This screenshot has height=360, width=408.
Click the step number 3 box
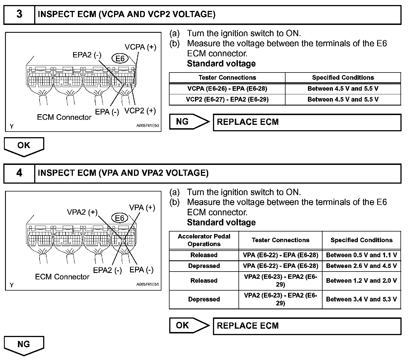click(19, 14)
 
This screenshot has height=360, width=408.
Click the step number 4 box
click(19, 173)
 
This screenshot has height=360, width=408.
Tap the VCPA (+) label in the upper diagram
click(140, 47)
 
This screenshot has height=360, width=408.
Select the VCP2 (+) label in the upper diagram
click(140, 111)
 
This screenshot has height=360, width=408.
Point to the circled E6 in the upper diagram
click(120, 59)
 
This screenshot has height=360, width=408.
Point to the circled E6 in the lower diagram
click(120, 218)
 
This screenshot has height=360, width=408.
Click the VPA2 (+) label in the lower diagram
click(82, 212)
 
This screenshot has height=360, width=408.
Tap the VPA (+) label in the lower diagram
click(142, 207)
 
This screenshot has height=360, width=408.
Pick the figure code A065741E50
click(147, 126)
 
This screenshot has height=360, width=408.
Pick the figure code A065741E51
click(147, 284)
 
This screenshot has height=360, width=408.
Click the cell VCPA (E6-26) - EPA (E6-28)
click(227, 89)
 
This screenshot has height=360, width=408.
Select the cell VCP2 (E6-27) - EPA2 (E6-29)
click(227, 99)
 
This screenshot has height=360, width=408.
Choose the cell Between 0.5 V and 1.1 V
click(361, 255)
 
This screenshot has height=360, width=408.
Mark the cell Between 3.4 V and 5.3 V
click(361, 299)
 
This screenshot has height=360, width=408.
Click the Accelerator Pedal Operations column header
click(204, 240)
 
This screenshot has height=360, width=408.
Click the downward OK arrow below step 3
click(24, 146)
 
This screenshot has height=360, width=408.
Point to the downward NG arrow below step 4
click(24, 345)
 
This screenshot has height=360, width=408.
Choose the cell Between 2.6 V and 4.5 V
click(361, 266)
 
